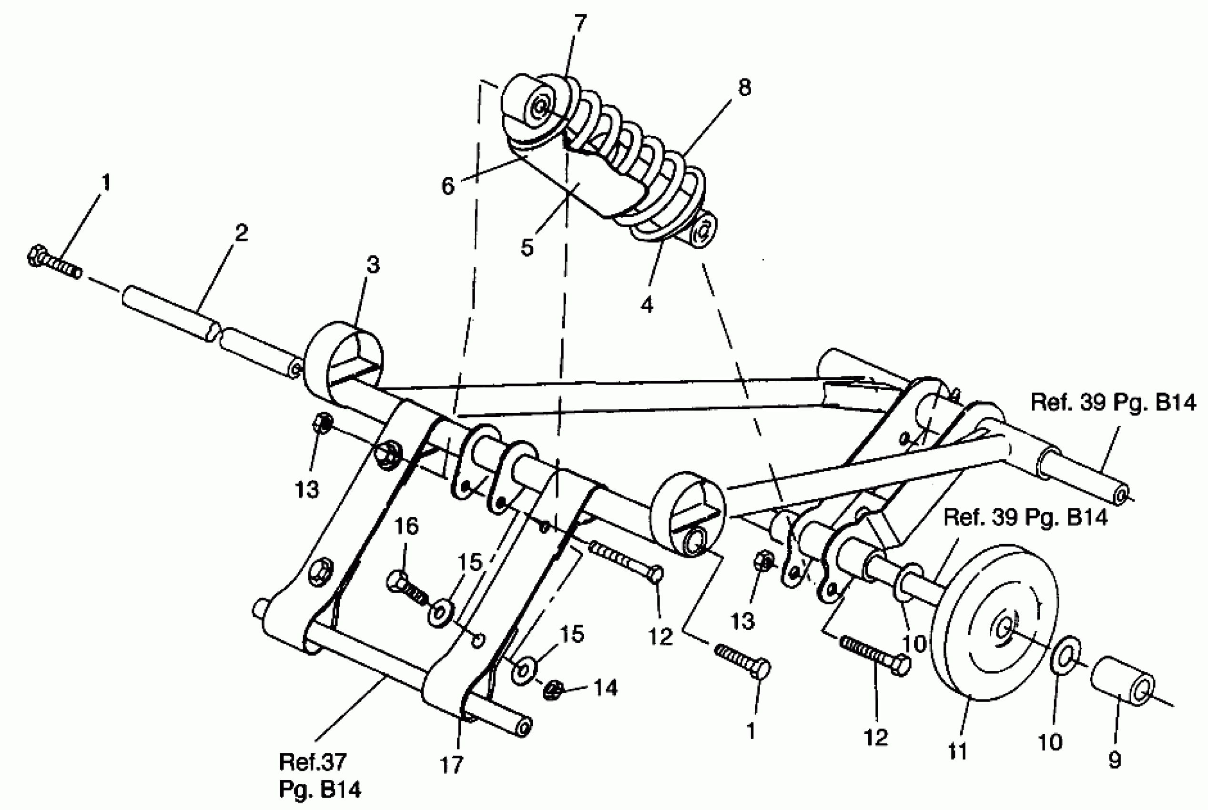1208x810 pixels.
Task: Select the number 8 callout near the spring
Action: (743, 88)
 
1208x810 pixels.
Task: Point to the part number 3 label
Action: (373, 265)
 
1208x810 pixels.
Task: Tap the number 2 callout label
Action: (241, 233)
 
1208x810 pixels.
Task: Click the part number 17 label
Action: (451, 765)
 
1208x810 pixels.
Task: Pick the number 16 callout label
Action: (406, 526)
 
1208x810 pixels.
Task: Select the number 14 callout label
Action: (606, 688)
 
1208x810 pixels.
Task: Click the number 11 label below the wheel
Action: (957, 751)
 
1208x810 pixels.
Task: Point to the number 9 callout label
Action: (1115, 760)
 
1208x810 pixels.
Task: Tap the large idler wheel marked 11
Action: (992, 622)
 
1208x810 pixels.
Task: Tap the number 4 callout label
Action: (646, 305)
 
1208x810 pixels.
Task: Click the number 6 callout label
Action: (447, 186)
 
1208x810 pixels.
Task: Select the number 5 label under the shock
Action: (527, 248)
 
